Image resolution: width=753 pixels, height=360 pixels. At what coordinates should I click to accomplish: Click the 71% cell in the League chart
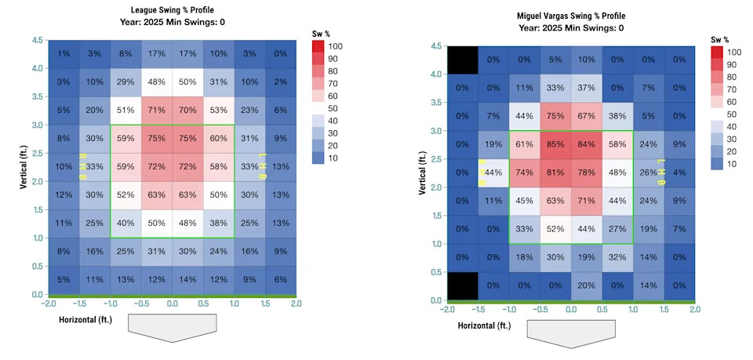(x=157, y=111)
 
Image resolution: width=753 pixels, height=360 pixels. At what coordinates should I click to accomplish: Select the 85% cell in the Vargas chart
(x=555, y=144)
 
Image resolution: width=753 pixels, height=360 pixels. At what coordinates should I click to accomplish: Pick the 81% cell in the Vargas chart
(x=555, y=173)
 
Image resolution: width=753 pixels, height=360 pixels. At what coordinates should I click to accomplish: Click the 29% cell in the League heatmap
(x=125, y=82)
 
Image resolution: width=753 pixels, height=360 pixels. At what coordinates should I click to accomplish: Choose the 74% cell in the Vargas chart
(x=525, y=173)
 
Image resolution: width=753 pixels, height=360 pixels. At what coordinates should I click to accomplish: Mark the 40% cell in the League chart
(x=125, y=224)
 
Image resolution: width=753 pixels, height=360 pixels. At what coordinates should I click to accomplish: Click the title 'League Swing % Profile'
(x=174, y=9)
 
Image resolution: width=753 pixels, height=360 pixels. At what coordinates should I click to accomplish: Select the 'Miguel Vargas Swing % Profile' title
(x=571, y=16)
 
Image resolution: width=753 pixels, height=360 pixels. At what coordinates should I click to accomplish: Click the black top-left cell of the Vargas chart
(x=462, y=60)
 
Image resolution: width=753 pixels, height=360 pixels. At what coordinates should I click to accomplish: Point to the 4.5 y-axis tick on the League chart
(x=37, y=39)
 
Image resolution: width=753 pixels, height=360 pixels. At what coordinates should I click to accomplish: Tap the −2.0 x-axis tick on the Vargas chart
(x=446, y=310)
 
